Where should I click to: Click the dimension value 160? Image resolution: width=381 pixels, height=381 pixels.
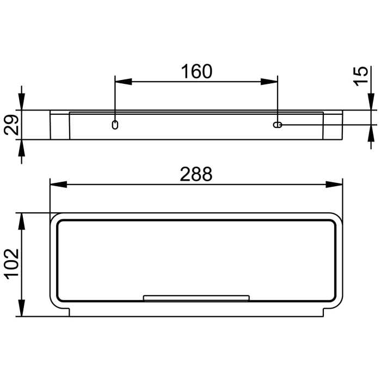click(196, 71)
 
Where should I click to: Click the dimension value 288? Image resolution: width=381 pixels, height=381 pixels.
click(196, 174)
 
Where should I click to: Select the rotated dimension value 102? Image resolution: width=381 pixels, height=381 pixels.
click(12, 264)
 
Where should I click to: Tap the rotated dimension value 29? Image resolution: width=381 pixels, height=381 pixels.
click(12, 125)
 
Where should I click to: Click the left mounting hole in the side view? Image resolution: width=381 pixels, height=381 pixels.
click(115, 125)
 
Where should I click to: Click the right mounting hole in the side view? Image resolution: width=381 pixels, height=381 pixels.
click(278, 125)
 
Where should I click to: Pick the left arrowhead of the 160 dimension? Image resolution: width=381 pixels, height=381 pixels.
click(122, 82)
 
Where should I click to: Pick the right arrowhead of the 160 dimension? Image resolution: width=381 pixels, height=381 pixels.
click(270, 82)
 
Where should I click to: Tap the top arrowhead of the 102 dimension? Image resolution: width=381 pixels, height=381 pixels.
click(22, 220)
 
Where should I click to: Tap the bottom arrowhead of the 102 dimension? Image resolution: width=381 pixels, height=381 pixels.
click(22, 309)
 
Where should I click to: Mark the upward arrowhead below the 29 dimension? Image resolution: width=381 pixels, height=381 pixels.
click(22, 148)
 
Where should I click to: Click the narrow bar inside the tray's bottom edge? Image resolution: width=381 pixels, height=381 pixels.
click(196, 298)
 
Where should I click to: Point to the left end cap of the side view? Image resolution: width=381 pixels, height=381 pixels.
click(60, 125)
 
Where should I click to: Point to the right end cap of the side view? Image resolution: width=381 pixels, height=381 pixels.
click(333, 125)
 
